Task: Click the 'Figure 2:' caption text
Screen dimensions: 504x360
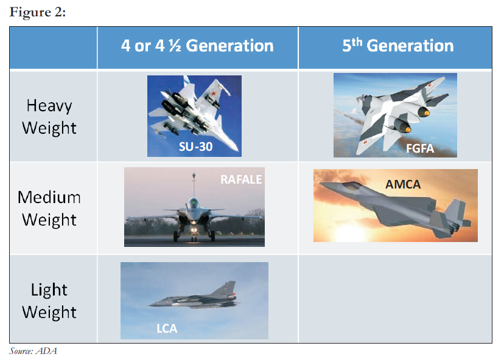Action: [x=38, y=12]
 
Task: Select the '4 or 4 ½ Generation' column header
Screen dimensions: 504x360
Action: [x=197, y=46]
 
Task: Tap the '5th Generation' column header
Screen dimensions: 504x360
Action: [x=398, y=45]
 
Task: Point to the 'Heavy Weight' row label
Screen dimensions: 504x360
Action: [x=49, y=117]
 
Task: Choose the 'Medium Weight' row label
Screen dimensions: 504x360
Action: [x=49, y=209]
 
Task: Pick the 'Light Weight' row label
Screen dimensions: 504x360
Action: [x=49, y=301]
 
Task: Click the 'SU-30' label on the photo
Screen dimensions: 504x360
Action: [x=195, y=147]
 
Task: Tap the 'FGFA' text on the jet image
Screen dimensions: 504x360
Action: [x=420, y=149]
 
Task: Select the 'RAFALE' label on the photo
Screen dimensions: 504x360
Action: [x=241, y=179]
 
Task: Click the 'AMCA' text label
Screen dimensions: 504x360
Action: [x=403, y=184]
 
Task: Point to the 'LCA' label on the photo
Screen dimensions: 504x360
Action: [x=167, y=328]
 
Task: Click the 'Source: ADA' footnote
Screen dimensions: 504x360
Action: [x=33, y=351]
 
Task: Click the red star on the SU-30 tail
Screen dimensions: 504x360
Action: [x=213, y=94]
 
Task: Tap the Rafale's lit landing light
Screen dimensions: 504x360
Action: [x=194, y=230]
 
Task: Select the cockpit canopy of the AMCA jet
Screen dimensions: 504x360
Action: [x=351, y=185]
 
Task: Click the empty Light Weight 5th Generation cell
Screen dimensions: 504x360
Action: [x=395, y=299]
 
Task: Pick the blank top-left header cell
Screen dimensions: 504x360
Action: [x=54, y=47]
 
